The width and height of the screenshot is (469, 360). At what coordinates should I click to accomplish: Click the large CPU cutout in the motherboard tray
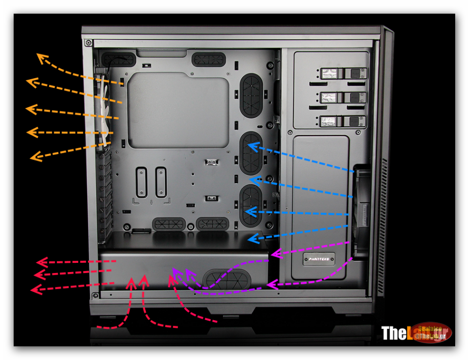pyautogui.click(x=177, y=109)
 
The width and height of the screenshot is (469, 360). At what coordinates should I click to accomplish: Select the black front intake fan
pyautogui.click(x=362, y=210)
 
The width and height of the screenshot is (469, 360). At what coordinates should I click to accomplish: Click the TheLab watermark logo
pyautogui.click(x=415, y=333)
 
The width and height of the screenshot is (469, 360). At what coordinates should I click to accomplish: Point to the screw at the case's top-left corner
pyautogui.click(x=90, y=42)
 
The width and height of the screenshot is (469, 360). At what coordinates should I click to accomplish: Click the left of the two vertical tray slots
pyautogui.click(x=141, y=182)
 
